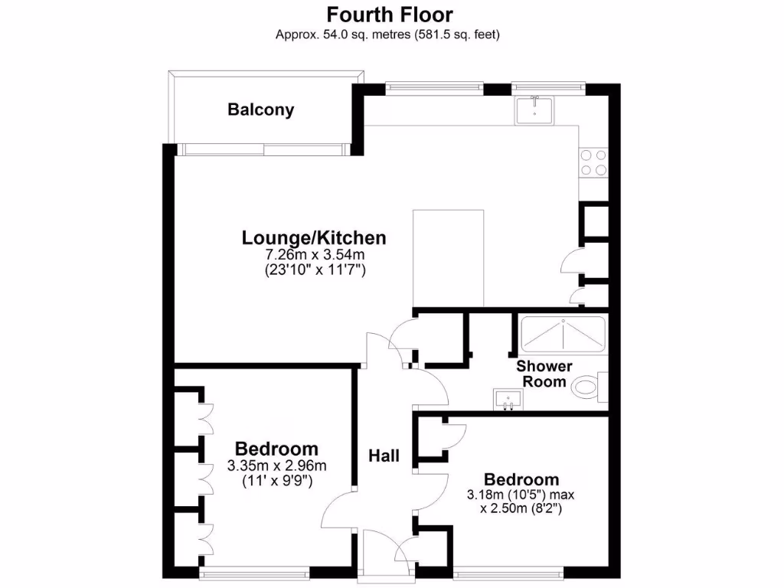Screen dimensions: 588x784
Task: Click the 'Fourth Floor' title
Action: (x=390, y=15)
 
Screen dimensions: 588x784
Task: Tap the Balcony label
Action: (x=260, y=109)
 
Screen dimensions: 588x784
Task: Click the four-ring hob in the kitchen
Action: (x=593, y=162)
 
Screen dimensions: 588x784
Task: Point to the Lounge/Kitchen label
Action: (x=314, y=237)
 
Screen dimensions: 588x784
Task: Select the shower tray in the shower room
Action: (x=563, y=333)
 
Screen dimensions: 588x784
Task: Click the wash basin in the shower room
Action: (x=507, y=399)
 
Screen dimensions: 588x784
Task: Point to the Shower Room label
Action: (x=544, y=374)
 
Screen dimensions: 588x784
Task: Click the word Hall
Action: (x=384, y=456)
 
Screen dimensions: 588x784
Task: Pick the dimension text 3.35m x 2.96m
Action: (x=276, y=465)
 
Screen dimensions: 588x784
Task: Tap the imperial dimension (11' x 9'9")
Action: (x=276, y=480)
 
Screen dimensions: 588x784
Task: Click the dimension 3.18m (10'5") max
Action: (x=521, y=495)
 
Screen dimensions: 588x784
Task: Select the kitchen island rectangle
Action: (x=449, y=258)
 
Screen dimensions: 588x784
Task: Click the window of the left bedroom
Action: (x=255, y=572)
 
